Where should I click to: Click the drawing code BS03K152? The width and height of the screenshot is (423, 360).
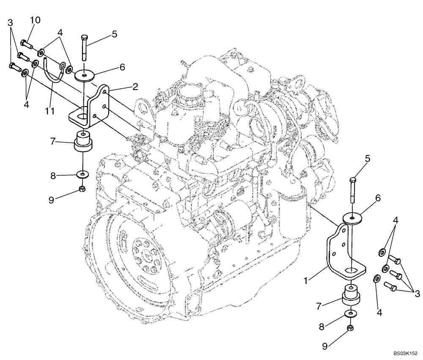tap(405, 353)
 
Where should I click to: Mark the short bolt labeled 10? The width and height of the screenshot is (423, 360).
tap(26, 43)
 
